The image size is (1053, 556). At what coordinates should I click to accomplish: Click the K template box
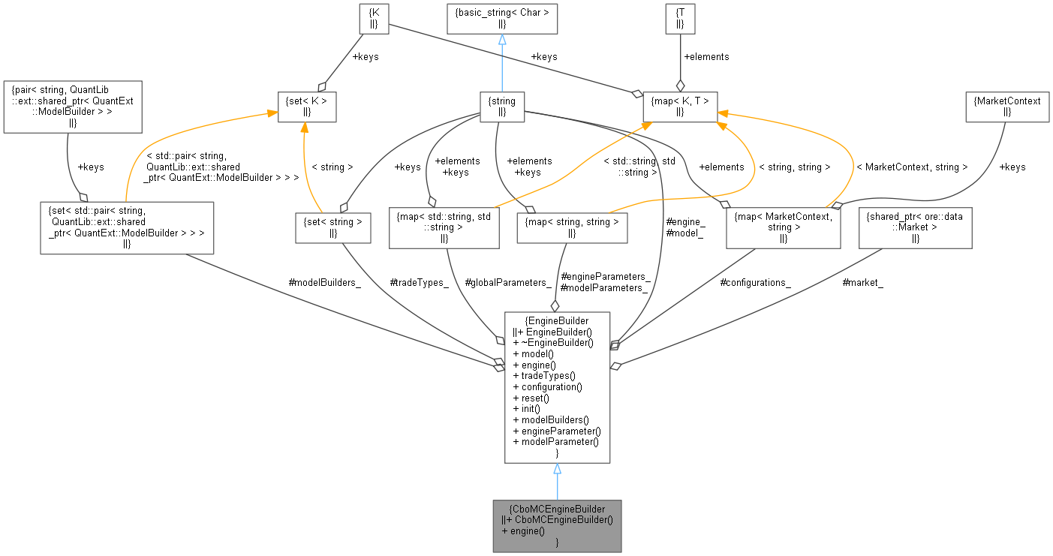pos(373,18)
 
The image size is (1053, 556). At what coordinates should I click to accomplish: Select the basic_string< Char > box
pos(501,18)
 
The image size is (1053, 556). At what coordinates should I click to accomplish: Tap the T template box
pos(680,18)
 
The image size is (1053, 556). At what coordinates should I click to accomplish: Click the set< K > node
pos(306,107)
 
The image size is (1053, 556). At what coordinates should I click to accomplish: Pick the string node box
pos(502,107)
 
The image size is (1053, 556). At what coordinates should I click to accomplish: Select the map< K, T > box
pos(680,107)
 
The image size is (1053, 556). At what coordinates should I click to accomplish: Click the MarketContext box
pos(1006,107)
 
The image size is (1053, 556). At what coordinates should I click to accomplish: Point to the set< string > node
pos(332,227)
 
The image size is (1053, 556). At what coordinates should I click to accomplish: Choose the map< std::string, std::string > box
pos(444,227)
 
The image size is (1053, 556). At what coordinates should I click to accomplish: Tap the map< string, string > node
pos(572,227)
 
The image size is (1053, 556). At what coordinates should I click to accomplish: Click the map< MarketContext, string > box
pos(783,227)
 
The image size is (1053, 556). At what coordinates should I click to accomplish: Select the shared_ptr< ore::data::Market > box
pos(915,227)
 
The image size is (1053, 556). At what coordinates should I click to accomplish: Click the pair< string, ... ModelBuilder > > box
pos(72,107)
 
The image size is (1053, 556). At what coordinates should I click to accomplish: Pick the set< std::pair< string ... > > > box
pos(127,227)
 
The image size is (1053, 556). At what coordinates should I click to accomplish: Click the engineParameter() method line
pos(556,431)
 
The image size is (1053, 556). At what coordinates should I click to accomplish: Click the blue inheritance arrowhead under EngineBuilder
pos(557,469)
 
